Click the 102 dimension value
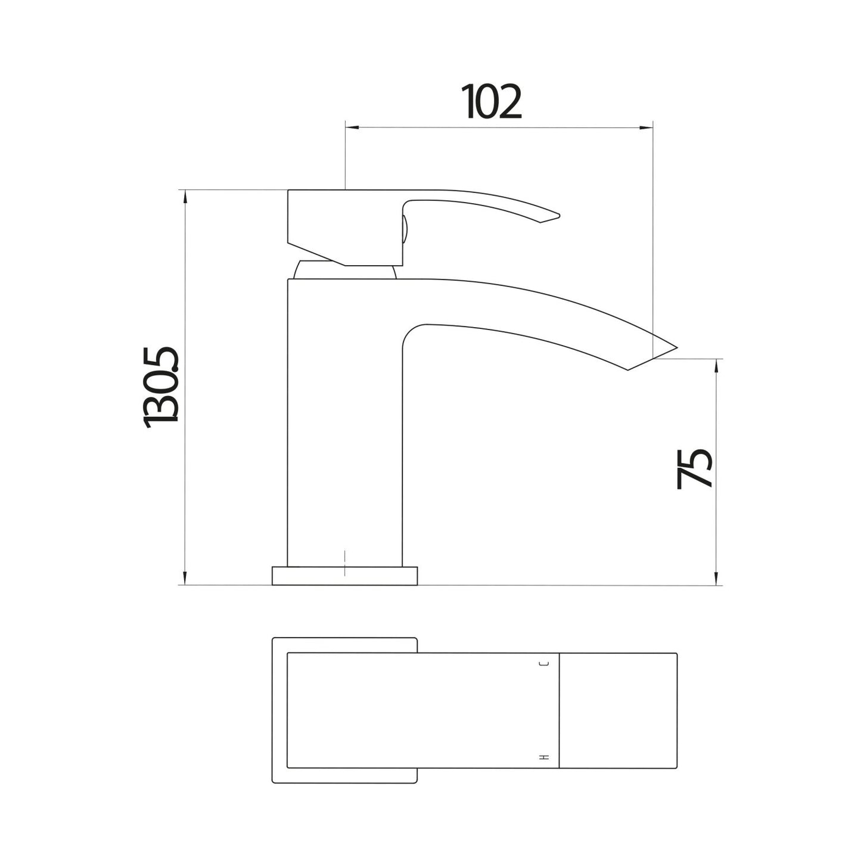(x=492, y=102)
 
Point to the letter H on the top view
(x=543, y=757)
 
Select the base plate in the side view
(x=344, y=576)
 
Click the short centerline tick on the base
(x=345, y=563)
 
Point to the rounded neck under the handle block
(x=344, y=271)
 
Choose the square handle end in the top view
(x=618, y=710)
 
